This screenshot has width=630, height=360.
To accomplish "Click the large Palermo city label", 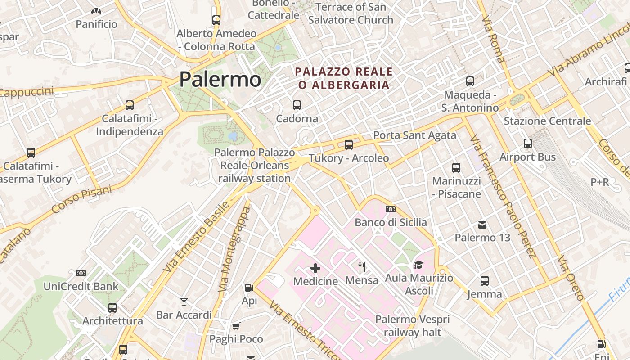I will (x=220, y=80).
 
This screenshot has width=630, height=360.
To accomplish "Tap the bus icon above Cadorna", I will (x=297, y=105).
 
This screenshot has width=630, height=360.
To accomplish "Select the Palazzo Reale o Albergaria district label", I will (x=344, y=78).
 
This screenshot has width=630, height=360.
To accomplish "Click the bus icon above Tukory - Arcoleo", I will (x=349, y=145).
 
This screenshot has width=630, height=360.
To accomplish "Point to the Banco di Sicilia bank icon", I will (x=391, y=209).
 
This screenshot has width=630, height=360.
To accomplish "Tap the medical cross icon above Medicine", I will (x=315, y=269).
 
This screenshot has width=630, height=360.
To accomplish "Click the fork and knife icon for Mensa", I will (x=361, y=267).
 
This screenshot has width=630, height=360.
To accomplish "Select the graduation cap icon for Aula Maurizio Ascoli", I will (x=419, y=265).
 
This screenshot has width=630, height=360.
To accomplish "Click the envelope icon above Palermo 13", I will (x=482, y=225).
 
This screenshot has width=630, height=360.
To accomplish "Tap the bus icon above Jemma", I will (x=485, y=281).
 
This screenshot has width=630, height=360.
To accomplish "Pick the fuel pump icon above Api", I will (x=249, y=288).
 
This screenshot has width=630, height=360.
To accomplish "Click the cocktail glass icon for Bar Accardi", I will (x=184, y=302).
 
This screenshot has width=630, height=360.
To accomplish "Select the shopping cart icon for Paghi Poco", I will (x=236, y=326).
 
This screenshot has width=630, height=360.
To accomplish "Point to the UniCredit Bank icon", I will (x=81, y=273).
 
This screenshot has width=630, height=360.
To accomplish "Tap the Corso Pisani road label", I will (x=81, y=200).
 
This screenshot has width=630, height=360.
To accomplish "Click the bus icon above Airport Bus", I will (x=528, y=144).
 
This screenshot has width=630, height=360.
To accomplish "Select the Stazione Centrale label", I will (x=547, y=121).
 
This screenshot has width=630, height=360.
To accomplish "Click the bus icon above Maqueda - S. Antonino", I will (x=470, y=82).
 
